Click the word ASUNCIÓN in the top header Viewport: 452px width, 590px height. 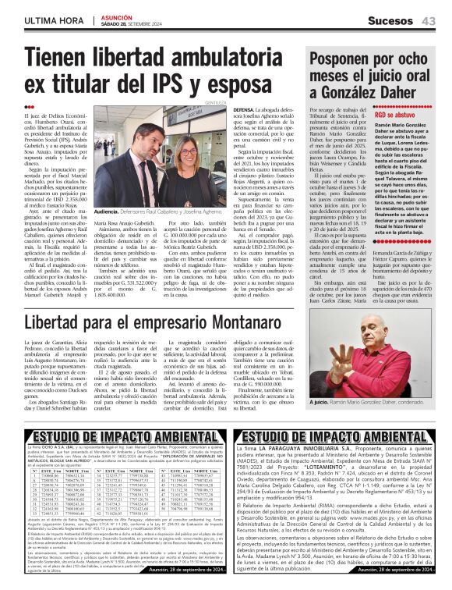[x=116, y=15]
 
